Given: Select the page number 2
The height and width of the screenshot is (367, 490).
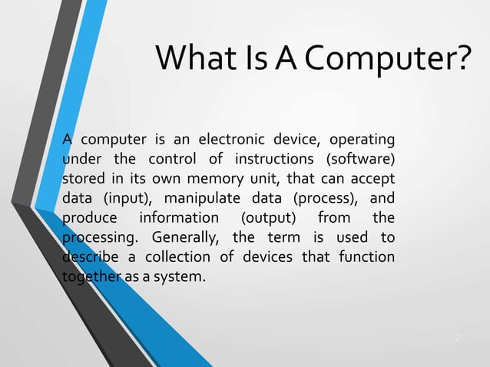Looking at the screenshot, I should [x=458, y=337].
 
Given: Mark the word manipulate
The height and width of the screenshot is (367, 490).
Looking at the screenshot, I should [x=206, y=198].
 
